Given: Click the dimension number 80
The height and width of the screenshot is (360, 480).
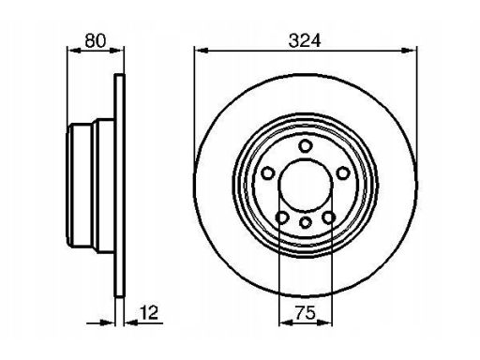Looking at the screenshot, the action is click(x=96, y=40).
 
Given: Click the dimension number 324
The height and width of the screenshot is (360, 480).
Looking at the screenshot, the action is click(x=305, y=40).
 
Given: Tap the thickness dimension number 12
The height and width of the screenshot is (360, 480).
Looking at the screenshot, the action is click(x=149, y=312).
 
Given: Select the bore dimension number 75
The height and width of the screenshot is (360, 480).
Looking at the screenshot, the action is click(x=306, y=313).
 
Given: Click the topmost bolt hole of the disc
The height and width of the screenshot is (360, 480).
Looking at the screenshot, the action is click(x=305, y=146).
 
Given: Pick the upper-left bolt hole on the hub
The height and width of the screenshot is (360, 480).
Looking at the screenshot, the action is click(x=268, y=173).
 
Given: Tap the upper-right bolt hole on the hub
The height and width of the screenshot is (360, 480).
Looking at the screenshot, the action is click(x=343, y=173).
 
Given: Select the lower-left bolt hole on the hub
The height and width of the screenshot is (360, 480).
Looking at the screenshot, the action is click(x=282, y=217).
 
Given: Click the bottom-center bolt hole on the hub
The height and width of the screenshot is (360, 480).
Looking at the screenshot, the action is click(x=306, y=223).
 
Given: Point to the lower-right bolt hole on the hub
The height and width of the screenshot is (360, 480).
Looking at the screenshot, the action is click(x=329, y=217).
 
